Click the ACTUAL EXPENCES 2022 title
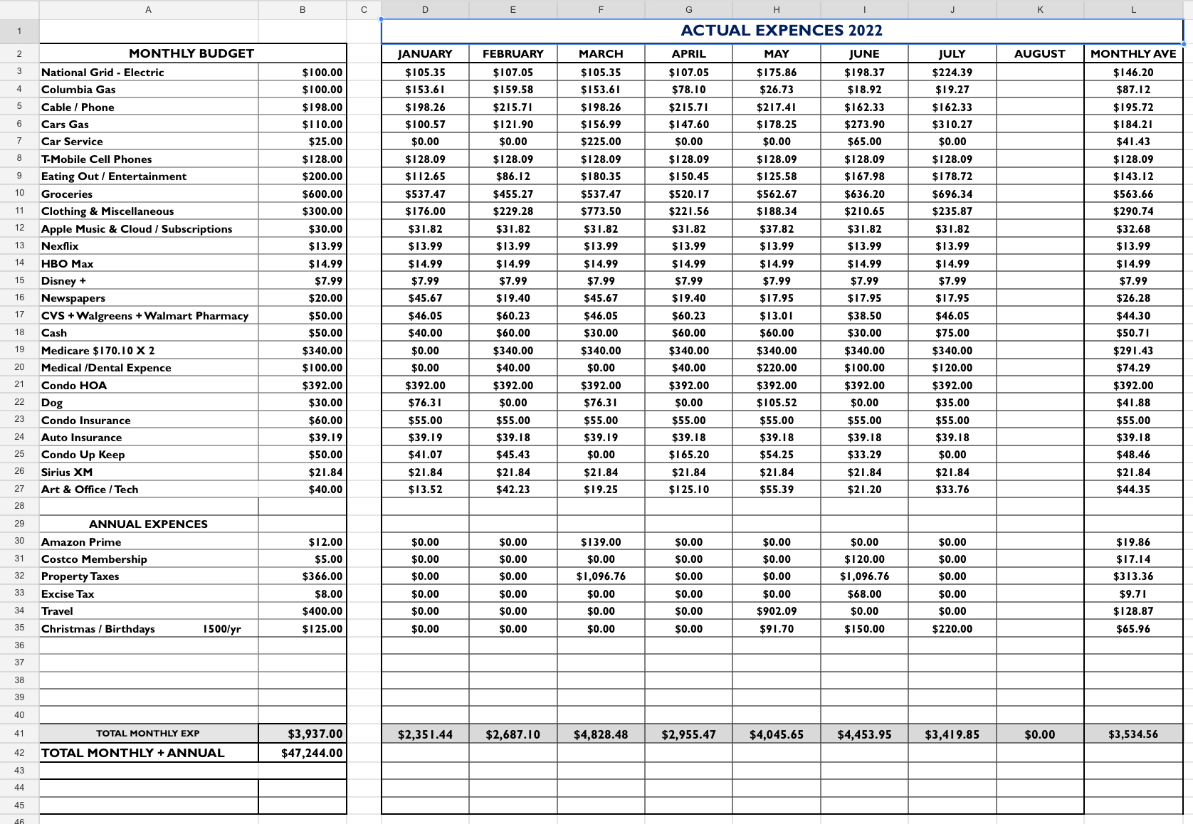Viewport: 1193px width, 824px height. (781, 31)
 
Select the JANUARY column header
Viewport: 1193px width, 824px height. (425, 54)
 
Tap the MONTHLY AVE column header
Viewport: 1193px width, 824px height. (1132, 54)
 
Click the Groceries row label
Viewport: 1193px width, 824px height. (67, 194)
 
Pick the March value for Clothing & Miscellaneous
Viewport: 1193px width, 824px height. (601, 211)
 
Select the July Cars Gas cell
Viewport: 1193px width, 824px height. (952, 125)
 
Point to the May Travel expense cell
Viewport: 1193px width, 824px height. (776, 611)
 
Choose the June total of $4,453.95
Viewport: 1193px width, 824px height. (864, 734)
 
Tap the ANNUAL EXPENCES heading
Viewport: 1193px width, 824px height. (148, 524)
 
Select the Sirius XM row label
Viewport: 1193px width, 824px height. (67, 472)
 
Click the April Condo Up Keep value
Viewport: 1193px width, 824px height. (688, 455)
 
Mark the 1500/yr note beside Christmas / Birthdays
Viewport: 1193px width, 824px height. (221, 629)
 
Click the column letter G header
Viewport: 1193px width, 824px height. (688, 9)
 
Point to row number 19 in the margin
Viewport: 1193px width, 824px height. (19, 349)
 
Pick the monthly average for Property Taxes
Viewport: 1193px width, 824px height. (1132, 576)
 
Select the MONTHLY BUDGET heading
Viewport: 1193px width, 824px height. (191, 54)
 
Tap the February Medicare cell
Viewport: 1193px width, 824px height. (513, 351)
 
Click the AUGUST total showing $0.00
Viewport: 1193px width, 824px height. (1039, 734)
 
